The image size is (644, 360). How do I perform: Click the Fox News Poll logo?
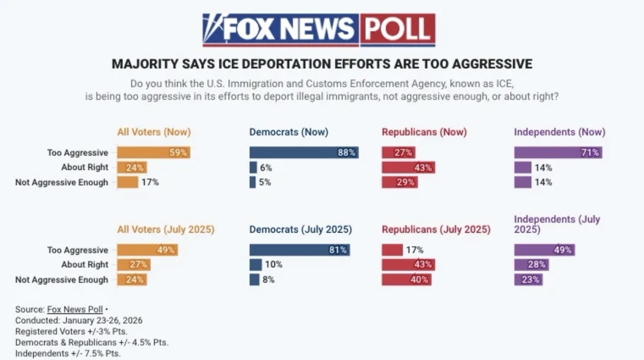click(x=318, y=30)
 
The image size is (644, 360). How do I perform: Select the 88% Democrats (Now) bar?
click(x=303, y=152)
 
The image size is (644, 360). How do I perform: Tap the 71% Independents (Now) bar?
click(x=558, y=152)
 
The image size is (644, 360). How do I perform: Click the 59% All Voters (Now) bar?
click(x=153, y=152)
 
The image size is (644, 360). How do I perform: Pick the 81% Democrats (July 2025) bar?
click(x=299, y=250)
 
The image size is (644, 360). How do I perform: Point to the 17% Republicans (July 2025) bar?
click(x=392, y=250)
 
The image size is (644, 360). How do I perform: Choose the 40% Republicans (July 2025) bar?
click(x=407, y=279)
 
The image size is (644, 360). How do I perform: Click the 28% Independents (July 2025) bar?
click(x=531, y=264)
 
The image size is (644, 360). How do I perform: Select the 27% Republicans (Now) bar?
click(x=398, y=152)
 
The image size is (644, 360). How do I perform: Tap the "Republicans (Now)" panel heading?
click(x=424, y=132)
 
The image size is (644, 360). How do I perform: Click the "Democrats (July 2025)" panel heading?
click(x=300, y=230)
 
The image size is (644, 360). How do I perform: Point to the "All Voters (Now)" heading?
click(x=154, y=132)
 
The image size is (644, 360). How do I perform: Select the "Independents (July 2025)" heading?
click(x=557, y=224)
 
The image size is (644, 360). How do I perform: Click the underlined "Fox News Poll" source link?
click(x=75, y=309)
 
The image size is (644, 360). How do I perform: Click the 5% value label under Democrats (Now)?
click(x=265, y=182)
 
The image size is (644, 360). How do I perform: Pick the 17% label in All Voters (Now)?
click(x=150, y=182)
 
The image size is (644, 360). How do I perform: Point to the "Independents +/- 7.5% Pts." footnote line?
click(x=68, y=353)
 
